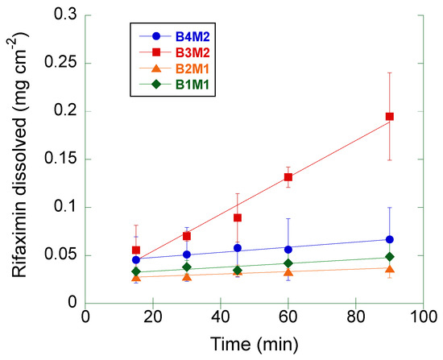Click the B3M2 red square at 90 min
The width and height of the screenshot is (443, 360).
pyautogui.click(x=390, y=117)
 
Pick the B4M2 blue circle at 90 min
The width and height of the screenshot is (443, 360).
pyautogui.click(x=390, y=239)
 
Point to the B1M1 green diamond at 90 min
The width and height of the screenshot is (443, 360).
pyautogui.click(x=390, y=257)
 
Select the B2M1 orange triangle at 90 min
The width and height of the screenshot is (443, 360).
pyautogui.click(x=390, y=269)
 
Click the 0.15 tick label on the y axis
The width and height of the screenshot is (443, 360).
pyautogui.click(x=63, y=159)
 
